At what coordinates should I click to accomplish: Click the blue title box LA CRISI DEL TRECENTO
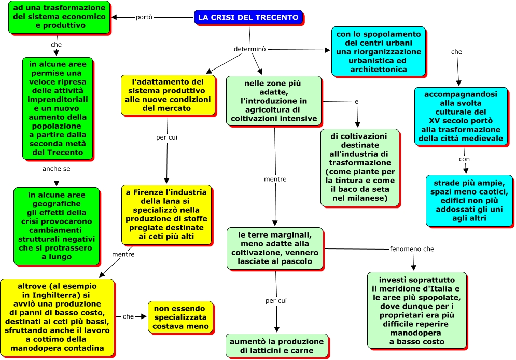point(248,17)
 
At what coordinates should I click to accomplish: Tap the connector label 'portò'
point(144,17)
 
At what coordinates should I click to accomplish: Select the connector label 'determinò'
point(250,49)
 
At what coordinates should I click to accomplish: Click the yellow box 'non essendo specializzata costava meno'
point(180,317)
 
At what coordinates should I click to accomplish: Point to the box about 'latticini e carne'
point(277,345)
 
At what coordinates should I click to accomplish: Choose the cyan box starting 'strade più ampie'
point(469,200)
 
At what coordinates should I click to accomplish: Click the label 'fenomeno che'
point(412,249)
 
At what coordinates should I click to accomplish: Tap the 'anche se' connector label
point(57,169)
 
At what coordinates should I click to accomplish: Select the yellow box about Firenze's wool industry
point(166,215)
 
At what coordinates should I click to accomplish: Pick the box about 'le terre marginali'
point(275,248)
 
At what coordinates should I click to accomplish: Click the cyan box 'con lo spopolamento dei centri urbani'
point(379,52)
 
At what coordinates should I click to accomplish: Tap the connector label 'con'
point(464,159)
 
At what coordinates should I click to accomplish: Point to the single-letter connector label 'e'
point(356,102)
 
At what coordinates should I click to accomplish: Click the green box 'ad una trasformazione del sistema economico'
point(59,17)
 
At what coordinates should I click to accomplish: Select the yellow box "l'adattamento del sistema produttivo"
point(168,95)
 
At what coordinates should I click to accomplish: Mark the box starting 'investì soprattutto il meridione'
point(416,310)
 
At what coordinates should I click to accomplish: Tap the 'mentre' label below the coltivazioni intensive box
point(275,179)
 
